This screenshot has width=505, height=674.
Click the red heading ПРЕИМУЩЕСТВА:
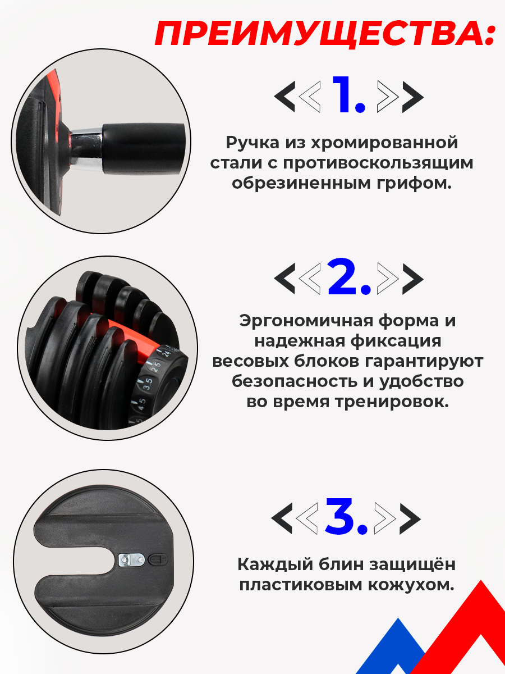(x=325, y=35)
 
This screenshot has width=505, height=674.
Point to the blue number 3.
(x=347, y=517)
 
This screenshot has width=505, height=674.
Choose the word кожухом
(x=415, y=584)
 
